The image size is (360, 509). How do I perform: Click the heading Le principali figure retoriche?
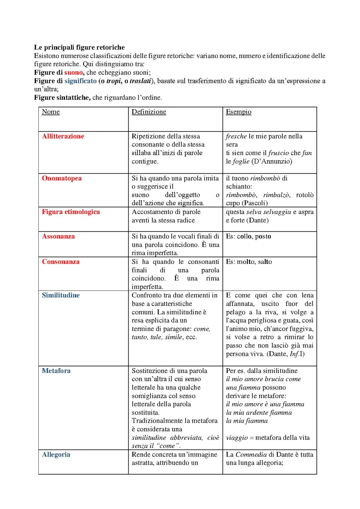pyautogui.click(x=79, y=47)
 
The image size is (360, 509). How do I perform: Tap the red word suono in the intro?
pyautogui.click(x=73, y=72)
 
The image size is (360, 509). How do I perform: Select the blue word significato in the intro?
pyautogui.click(x=81, y=81)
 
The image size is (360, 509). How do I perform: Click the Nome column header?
pyautogui.click(x=51, y=112)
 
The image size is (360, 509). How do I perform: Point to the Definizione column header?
pyautogui.click(x=149, y=112)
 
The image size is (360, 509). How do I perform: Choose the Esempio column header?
pyautogui.click(x=238, y=112)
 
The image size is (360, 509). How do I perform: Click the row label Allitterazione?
pyautogui.click(x=63, y=136)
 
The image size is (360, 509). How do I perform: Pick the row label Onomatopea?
pyautogui.click(x=62, y=178)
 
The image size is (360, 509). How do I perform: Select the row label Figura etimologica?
pyautogui.click(x=71, y=212)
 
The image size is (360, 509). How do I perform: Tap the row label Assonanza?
pyautogui.click(x=58, y=236)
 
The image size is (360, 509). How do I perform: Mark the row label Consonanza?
pyautogui.click(x=61, y=262)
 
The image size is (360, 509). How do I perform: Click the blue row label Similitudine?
pyautogui.click(x=61, y=295)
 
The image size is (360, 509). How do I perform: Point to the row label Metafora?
pyautogui.click(x=56, y=371)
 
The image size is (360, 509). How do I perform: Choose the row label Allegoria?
pyautogui.click(x=56, y=454)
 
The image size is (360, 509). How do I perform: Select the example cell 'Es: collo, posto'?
pyautogui.click(x=248, y=236)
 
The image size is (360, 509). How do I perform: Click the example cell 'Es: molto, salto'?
pyautogui.click(x=249, y=262)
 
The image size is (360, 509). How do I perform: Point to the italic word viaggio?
pyautogui.click(x=237, y=438)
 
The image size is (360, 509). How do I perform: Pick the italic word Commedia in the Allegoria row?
pyautogui.click(x=251, y=454)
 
